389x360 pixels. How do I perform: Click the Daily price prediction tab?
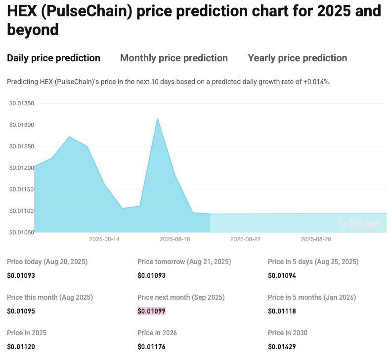pos(53,58)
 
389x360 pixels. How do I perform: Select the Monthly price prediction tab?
pos(174,58)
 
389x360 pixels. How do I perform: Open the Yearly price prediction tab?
pos(297,58)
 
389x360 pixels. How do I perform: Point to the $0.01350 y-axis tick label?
pos(22,103)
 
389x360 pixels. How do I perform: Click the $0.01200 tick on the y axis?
pos(22,168)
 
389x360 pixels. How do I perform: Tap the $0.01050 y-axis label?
pos(22,232)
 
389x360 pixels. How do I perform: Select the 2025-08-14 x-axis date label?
pos(104,239)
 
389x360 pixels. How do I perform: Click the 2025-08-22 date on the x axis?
pos(245,239)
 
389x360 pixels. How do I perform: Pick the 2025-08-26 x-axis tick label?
pos(316,239)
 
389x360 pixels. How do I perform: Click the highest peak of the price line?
pos(157,119)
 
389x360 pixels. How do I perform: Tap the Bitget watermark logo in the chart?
pos(359,223)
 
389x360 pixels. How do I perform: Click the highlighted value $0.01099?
pos(151,311)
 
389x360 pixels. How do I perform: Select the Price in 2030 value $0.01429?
pos(282,347)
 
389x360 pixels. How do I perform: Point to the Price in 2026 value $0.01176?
pos(151,347)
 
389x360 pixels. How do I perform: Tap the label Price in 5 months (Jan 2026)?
pos(312,297)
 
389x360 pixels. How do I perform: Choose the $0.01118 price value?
pos(282,311)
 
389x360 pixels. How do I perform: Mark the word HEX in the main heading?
pos(23,10)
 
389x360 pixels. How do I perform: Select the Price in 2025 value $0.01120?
pos(21,347)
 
